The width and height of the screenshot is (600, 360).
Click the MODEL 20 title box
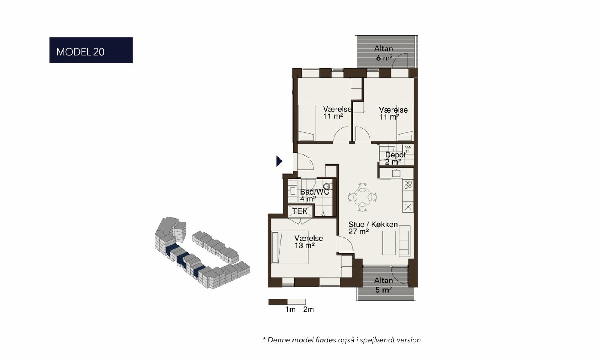(x=91, y=50)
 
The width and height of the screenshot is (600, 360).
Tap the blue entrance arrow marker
(x=279, y=161)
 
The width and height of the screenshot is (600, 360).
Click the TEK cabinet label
(x=300, y=211)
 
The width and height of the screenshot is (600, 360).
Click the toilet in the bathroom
(x=327, y=186)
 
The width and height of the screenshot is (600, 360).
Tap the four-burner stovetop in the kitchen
(x=408, y=185)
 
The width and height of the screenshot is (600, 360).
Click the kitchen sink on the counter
(x=396, y=173)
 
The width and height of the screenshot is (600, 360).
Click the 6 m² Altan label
(x=384, y=53)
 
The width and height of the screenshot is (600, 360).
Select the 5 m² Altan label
(x=384, y=285)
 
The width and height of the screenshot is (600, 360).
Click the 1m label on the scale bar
(x=290, y=309)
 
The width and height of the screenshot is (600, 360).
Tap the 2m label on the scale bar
(x=309, y=309)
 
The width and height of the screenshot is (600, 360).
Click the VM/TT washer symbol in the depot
(x=408, y=149)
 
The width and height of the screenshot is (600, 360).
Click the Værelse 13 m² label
(x=309, y=241)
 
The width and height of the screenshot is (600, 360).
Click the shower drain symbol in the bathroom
(x=323, y=214)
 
